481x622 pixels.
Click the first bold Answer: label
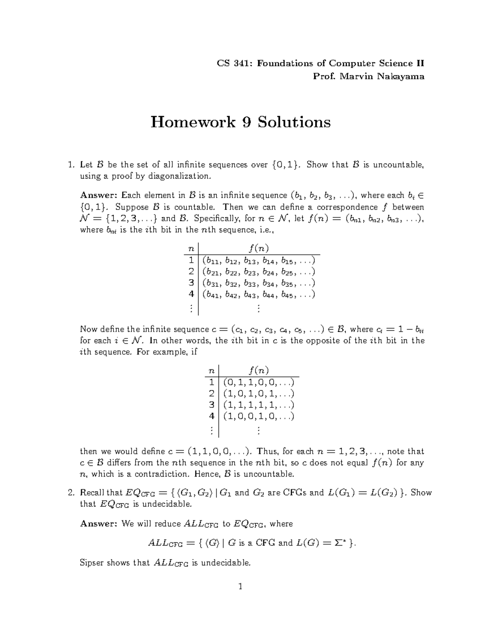coord(99,195)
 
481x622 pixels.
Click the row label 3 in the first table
coord(191,283)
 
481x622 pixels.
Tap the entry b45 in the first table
coord(287,295)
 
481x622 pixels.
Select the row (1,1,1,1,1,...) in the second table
coord(259,405)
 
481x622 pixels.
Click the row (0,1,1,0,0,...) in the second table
coord(259,382)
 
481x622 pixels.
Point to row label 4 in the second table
coord(212,416)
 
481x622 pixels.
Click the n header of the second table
coord(212,370)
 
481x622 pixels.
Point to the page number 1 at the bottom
coord(240,587)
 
